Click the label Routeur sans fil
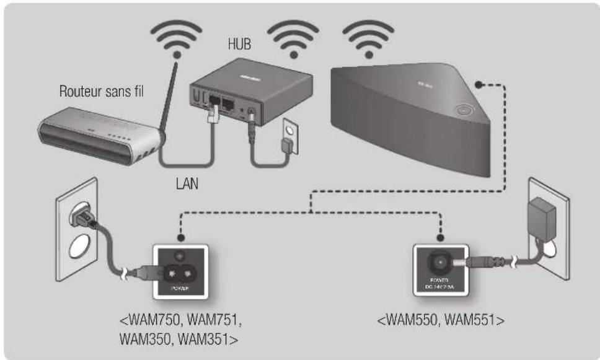pos(102,92)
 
